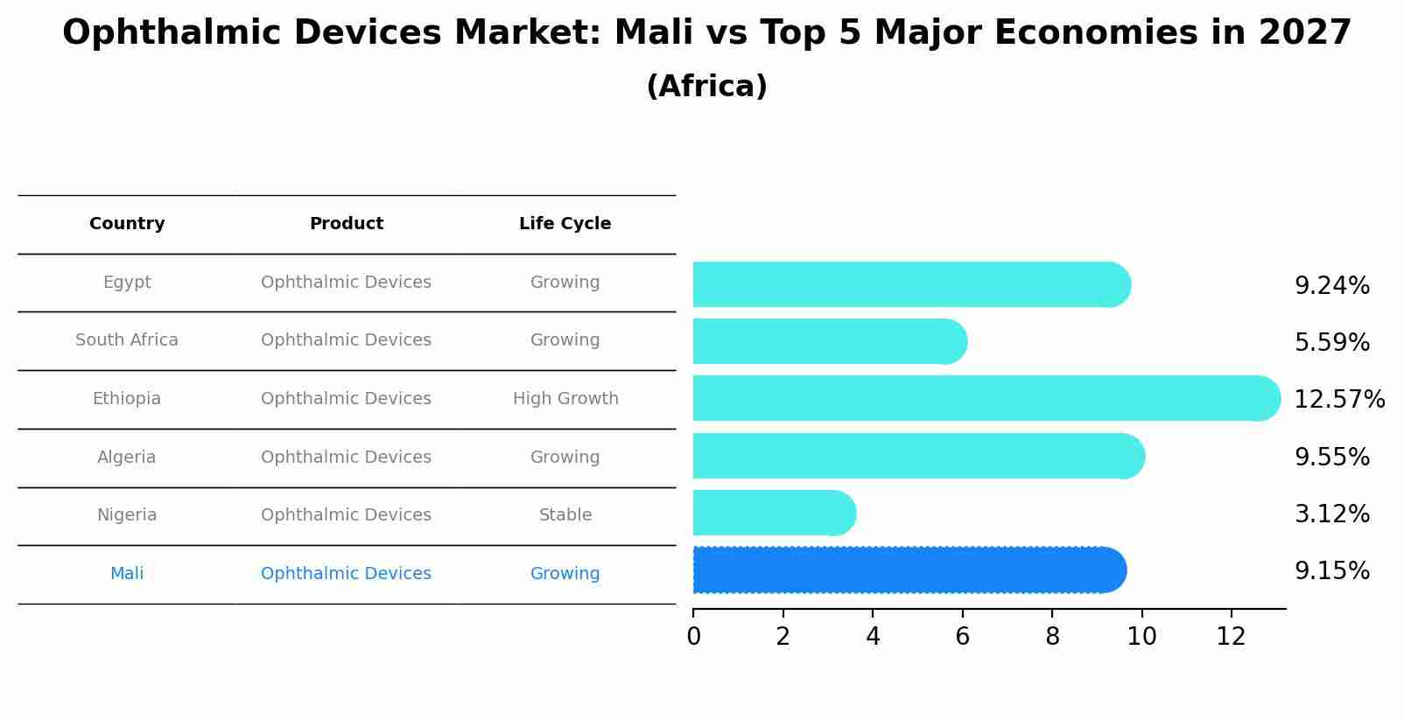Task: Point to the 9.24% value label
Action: click(1331, 286)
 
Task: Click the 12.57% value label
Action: click(1338, 400)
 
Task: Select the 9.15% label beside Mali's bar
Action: click(1331, 571)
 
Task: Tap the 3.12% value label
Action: click(1331, 514)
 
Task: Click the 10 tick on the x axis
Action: click(1141, 637)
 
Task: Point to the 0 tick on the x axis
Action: click(693, 637)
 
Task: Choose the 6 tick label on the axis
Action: click(962, 637)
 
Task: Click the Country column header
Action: click(127, 224)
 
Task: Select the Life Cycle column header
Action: click(565, 224)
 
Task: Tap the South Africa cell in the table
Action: click(127, 340)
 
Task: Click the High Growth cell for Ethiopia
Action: click(565, 399)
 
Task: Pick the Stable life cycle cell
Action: click(565, 515)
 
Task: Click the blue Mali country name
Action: click(127, 574)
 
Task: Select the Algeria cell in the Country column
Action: click(127, 458)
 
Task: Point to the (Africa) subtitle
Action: click(706, 87)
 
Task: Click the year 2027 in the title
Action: click(1304, 33)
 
